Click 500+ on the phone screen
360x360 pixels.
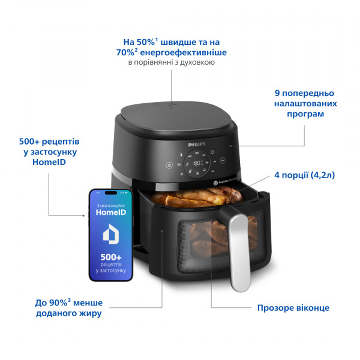110,257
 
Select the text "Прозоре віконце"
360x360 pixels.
293,308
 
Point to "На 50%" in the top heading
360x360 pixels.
137,42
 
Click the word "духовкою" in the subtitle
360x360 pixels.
196,62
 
